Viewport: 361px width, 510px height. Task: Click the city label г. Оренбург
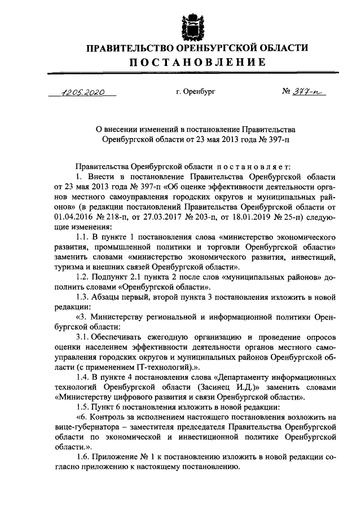[x=196, y=92]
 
